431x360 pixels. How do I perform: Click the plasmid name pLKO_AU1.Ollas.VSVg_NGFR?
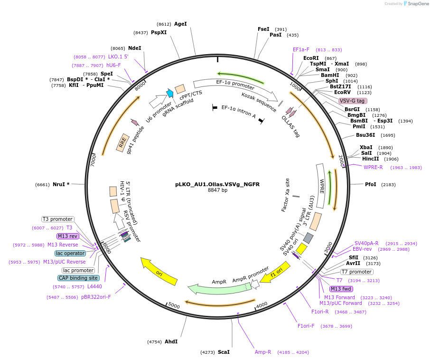tap(217, 184)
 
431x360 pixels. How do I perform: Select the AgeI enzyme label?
tap(180, 24)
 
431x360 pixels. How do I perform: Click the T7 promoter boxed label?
tap(357, 272)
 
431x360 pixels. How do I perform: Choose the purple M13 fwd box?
tap(341, 289)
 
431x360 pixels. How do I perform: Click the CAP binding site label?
tap(79, 278)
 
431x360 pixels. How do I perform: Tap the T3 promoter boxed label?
tap(58, 219)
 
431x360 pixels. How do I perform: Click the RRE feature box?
tap(122, 142)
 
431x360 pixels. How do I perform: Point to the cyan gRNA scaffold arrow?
tap(169, 94)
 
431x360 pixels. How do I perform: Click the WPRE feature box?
tap(322, 185)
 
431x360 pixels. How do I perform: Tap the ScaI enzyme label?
tap(224, 352)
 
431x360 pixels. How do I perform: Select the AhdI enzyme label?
tap(171, 341)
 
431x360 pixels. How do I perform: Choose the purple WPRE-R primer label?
tap(373, 167)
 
